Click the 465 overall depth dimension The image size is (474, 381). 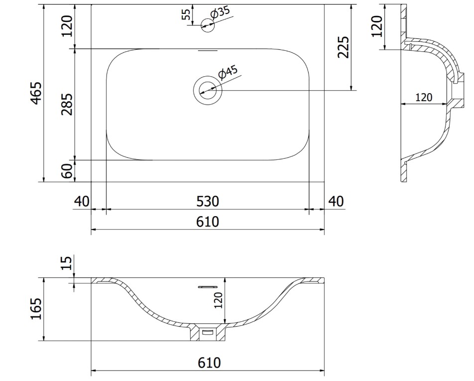(36, 93)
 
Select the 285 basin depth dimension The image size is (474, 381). (67, 104)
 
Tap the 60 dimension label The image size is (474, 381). (67, 171)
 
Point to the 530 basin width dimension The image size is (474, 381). (207, 201)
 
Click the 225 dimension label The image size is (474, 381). (344, 47)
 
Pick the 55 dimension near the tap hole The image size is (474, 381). (186, 14)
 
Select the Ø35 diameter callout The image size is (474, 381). (221, 13)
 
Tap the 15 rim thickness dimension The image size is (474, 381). (67, 263)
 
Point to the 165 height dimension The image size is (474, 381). (36, 309)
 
